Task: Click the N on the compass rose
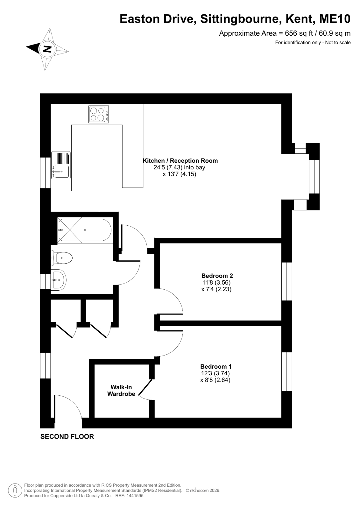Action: pos(47,49)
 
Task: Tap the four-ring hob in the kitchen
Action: pos(98,114)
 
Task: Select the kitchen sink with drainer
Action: pos(61,165)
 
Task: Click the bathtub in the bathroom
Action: pos(85,230)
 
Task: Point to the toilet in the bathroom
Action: pos(61,258)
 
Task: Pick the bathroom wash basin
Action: pos(59,280)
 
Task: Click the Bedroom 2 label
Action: pos(217,276)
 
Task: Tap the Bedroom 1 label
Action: pos(216,366)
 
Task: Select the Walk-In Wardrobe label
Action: pos(121,390)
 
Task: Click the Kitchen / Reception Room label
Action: pos(180,161)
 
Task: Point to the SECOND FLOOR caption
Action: pos(67,436)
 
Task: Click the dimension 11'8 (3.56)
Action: pos(216,282)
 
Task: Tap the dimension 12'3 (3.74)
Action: pos(215,373)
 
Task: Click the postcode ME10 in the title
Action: pos(335,19)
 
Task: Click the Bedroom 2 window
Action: pos(286,281)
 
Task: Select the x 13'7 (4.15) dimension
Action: pos(179,174)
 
